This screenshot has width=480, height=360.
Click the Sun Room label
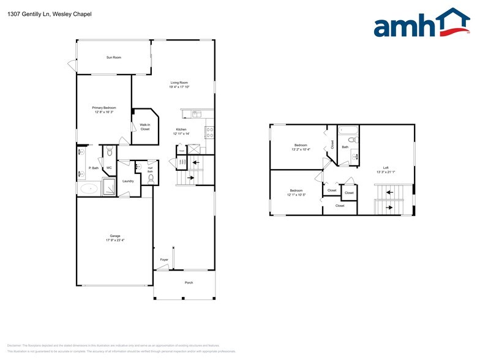coord(114,58)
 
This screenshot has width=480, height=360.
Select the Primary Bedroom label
coord(104,108)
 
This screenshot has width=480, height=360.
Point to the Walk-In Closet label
coord(144,127)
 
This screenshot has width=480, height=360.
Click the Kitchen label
coord(181,129)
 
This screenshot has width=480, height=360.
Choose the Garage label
coord(114,236)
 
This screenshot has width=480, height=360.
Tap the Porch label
coord(189,282)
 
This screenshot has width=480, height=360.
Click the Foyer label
coord(164,260)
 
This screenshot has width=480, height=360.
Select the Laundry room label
coord(128,181)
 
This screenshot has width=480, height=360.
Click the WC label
coord(109,167)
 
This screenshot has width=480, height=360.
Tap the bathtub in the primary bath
coord(89,189)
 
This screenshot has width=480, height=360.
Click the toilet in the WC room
coord(109,153)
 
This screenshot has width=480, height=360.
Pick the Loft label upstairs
coord(386,168)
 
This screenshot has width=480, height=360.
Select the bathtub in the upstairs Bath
coord(347,130)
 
